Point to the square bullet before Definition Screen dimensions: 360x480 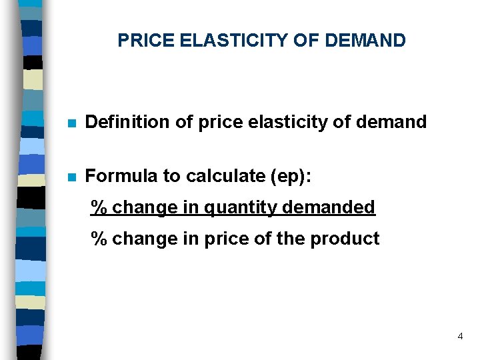71,123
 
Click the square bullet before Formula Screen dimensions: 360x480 71,177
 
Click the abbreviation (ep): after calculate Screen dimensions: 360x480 291,177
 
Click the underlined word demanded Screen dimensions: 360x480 329,208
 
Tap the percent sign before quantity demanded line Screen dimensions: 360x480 99,208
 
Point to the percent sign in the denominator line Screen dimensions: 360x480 99,239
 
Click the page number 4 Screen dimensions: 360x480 460,337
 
